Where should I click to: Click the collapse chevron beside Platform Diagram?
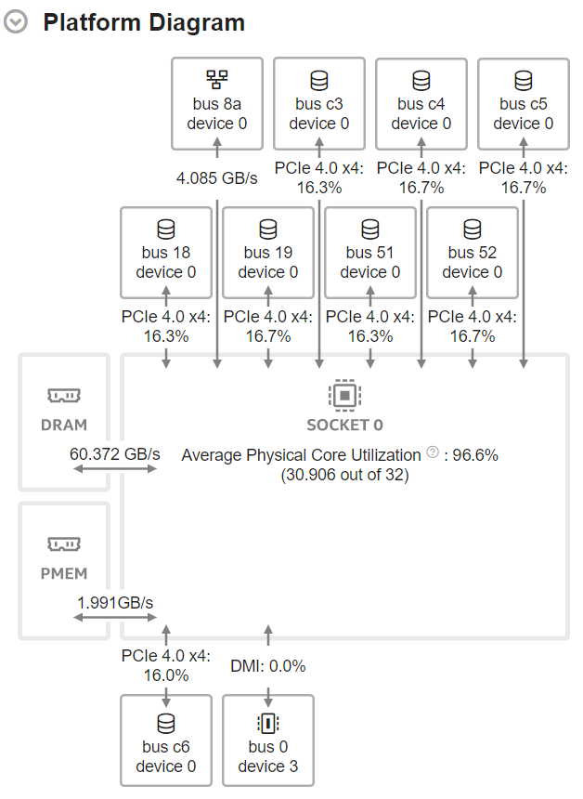pyautogui.click(x=16, y=22)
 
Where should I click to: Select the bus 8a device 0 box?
pyautogui.click(x=217, y=103)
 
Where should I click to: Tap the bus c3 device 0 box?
pyautogui.click(x=319, y=103)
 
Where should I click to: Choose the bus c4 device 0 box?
pyautogui.click(x=421, y=103)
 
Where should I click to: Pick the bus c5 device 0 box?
pyautogui.click(x=524, y=103)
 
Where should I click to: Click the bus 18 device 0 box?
pyautogui.click(x=166, y=252)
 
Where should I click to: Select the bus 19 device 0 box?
pyautogui.click(x=268, y=252)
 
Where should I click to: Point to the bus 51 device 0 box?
pyautogui.click(x=370, y=252)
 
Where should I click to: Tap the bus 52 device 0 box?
pyautogui.click(x=473, y=252)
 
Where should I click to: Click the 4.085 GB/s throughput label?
pyautogui.click(x=217, y=177)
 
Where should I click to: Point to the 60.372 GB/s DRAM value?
pyautogui.click(x=115, y=454)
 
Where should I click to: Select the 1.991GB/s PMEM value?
pyautogui.click(x=115, y=602)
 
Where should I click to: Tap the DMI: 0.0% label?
pyautogui.click(x=268, y=665)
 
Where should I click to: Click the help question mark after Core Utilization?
pyautogui.click(x=432, y=453)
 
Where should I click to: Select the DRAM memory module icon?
pyautogui.click(x=64, y=397)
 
